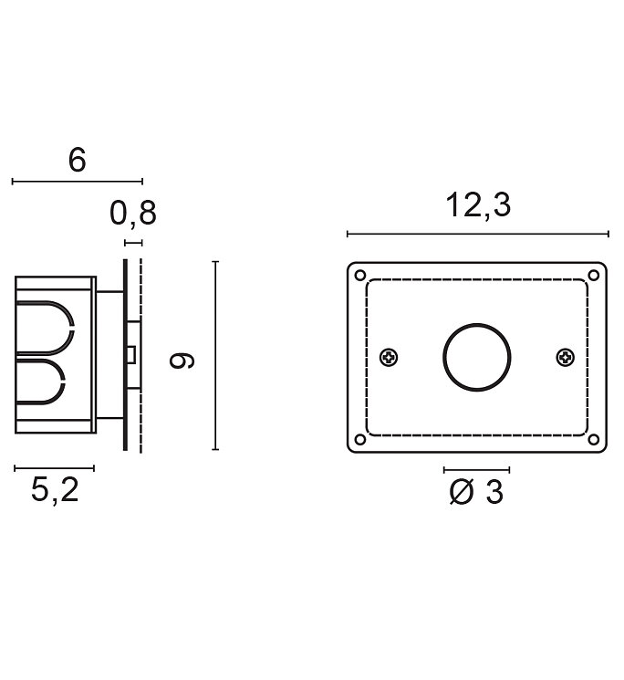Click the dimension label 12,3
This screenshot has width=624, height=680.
click(478, 204)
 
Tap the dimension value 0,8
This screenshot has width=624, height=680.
click(133, 214)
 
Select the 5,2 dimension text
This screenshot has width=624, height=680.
click(55, 490)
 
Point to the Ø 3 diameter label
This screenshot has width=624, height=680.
click(476, 492)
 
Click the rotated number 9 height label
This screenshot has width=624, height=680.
click(182, 361)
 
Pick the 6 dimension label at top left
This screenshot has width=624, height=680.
click(78, 160)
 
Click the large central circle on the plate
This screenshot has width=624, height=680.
click(476, 324)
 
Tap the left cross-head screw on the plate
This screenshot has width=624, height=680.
click(390, 358)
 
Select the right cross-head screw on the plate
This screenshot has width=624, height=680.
click(566, 358)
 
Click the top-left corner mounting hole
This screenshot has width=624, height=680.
click(360, 276)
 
